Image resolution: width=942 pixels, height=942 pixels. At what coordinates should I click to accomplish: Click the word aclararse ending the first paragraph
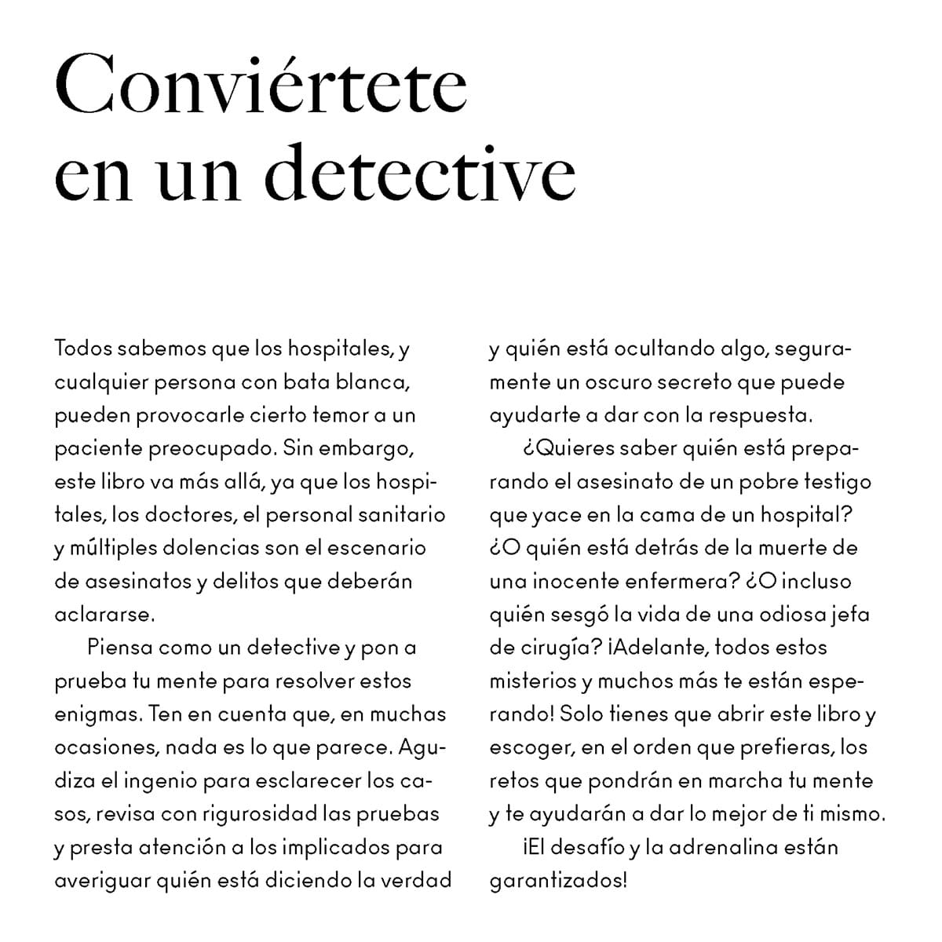point(103,615)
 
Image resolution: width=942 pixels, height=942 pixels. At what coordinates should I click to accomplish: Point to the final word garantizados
point(558,881)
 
